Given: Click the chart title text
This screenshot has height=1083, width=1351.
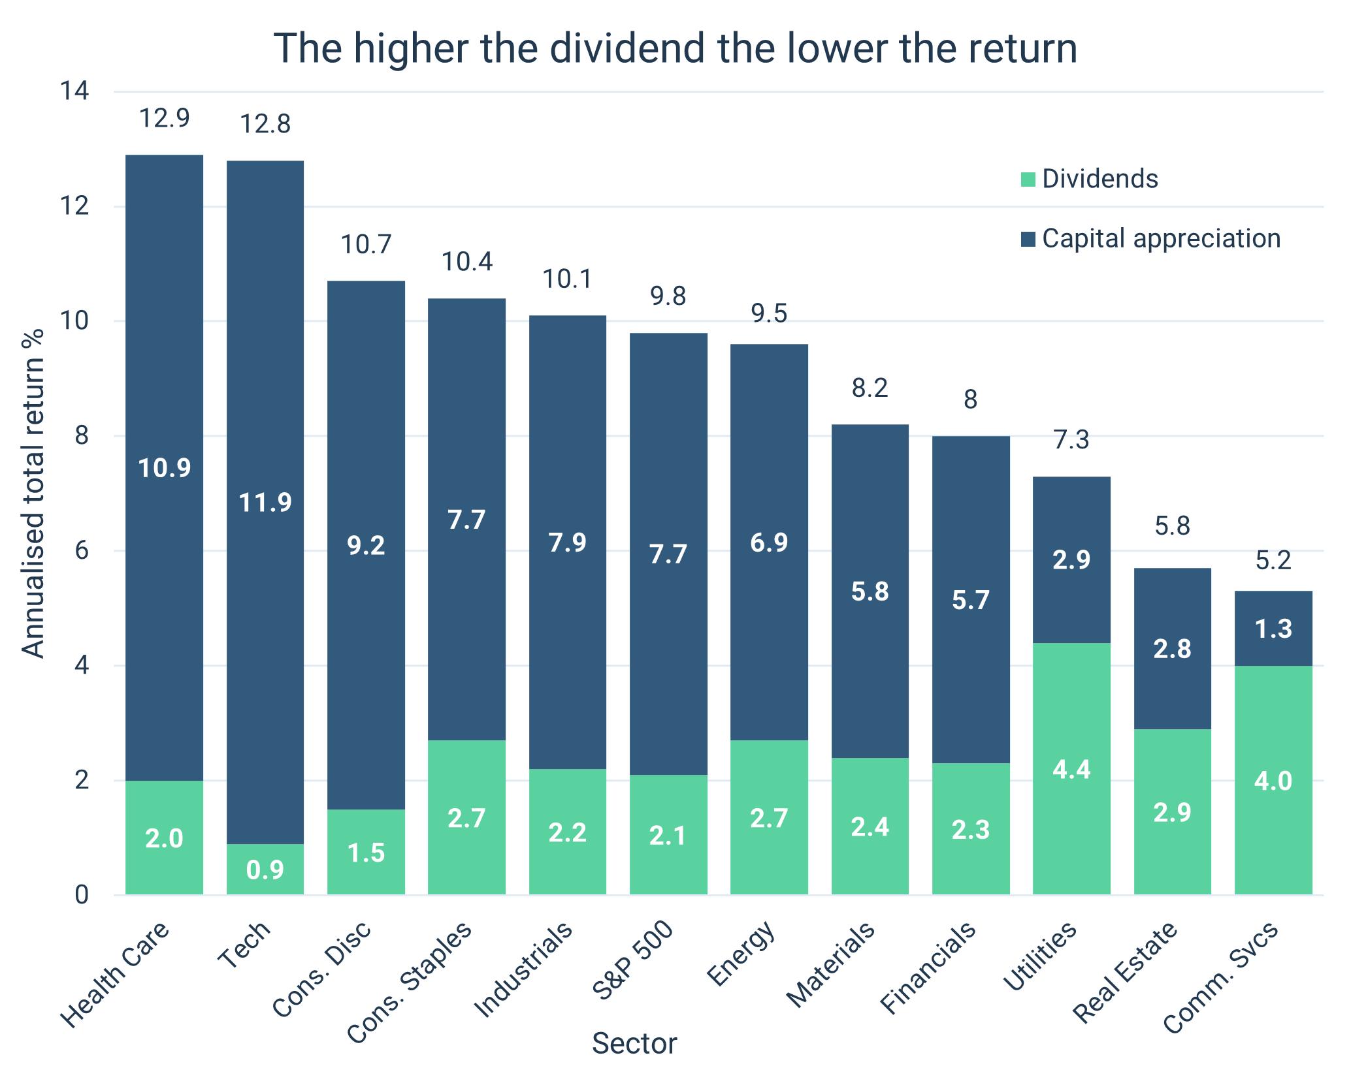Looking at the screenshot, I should (x=675, y=48).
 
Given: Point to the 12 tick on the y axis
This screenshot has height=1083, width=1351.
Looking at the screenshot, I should (x=74, y=207).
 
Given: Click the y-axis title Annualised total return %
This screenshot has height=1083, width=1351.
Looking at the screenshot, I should (x=33, y=493).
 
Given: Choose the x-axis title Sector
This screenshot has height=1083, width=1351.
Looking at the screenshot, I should (x=634, y=1043).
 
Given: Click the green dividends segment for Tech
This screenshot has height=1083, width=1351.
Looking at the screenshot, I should (x=265, y=869).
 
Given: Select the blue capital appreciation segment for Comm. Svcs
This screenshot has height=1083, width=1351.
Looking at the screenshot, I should (x=1273, y=628).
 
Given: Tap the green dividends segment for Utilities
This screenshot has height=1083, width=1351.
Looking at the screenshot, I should (x=1071, y=769).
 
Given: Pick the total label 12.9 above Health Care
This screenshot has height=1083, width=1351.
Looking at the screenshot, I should (x=165, y=119).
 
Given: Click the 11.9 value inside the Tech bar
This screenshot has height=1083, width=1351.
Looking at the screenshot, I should (x=265, y=502).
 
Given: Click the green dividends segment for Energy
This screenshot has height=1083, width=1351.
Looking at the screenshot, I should (x=769, y=817).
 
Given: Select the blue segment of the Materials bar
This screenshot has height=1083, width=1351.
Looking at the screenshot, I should (x=870, y=591).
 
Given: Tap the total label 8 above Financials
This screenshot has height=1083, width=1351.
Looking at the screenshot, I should (x=971, y=400).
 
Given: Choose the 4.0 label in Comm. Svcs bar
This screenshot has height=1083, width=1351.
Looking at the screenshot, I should (x=1273, y=781).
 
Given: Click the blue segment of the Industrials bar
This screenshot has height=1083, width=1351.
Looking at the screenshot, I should (x=567, y=542).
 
